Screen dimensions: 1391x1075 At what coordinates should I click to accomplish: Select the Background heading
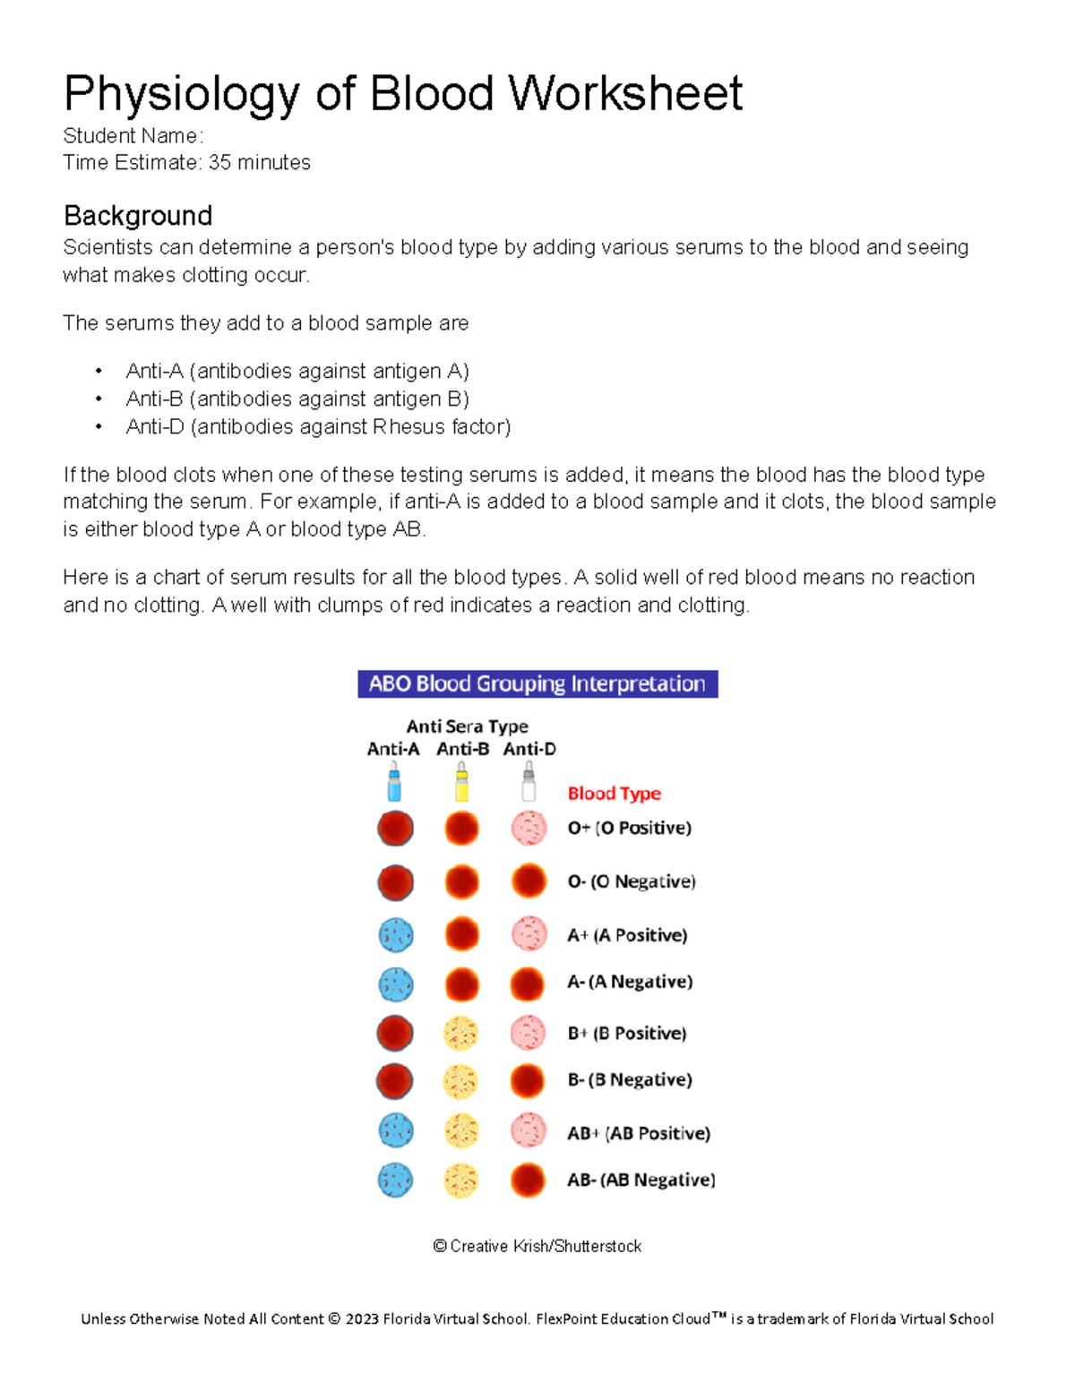point(138,216)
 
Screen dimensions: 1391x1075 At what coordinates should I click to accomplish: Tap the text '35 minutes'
point(260,163)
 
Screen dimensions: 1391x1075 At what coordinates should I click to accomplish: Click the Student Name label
point(133,136)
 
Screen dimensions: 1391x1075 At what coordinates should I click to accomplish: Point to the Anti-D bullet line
point(318,426)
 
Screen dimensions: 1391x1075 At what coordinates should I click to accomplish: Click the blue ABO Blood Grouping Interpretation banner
point(537,684)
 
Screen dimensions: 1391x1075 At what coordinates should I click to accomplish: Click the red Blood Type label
point(614,794)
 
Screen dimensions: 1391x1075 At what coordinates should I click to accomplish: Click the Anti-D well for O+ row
point(529,829)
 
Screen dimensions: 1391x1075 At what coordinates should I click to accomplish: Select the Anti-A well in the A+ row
point(395,935)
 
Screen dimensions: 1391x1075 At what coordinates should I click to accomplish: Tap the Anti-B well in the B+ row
point(461,1034)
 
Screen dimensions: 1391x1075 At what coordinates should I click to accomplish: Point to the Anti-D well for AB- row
point(528,1181)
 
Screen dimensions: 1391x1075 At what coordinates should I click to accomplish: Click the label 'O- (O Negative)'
point(632,881)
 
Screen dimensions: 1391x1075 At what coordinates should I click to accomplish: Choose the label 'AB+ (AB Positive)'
point(639,1134)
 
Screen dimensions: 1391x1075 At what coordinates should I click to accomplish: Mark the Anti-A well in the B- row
point(394,1081)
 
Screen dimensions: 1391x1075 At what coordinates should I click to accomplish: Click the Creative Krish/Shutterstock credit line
point(537,1247)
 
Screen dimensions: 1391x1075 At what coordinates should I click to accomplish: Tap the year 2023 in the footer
point(362,1319)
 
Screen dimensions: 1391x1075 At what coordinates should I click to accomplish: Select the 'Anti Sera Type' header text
point(467,726)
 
